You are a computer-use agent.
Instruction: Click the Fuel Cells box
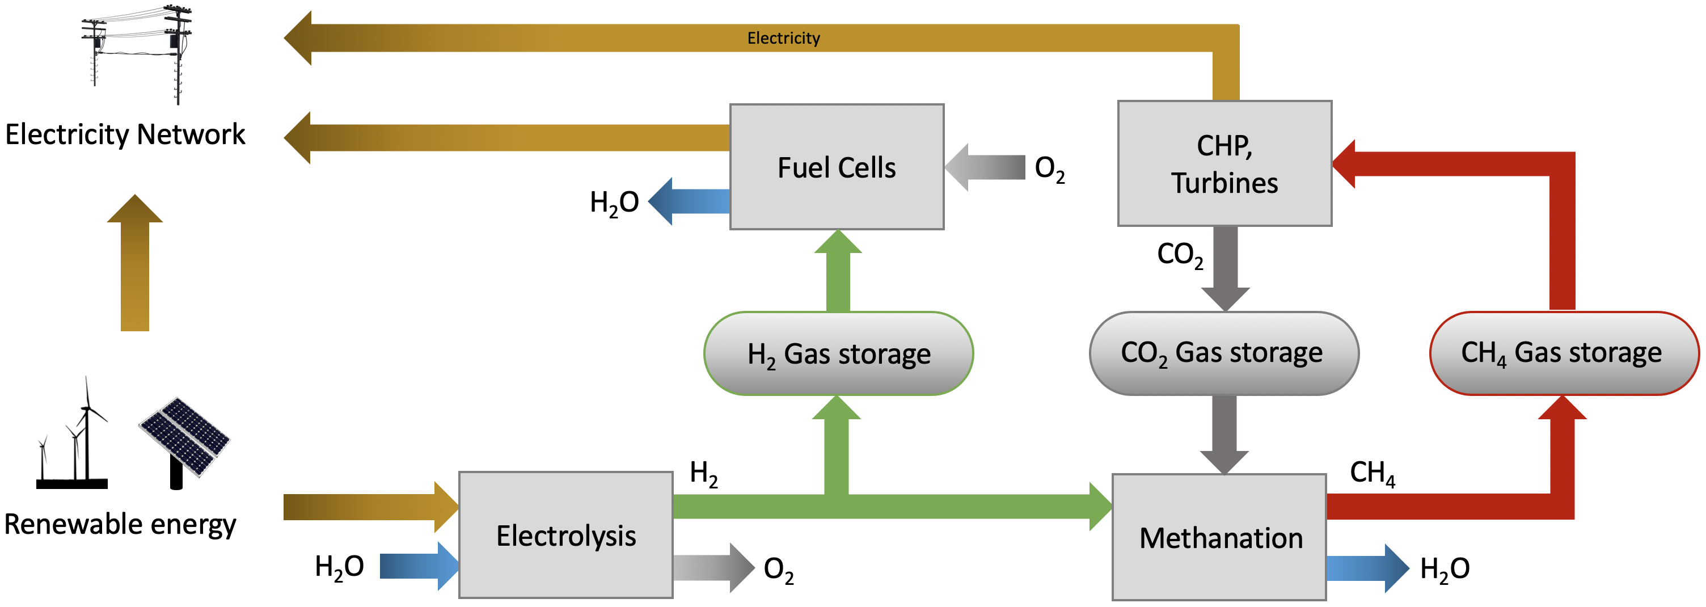pyautogui.click(x=837, y=167)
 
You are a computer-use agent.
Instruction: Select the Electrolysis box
pyautogui.click(x=565, y=536)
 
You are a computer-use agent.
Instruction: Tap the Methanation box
pyautogui.click(x=1219, y=537)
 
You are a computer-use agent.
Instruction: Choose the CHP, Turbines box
pyautogui.click(x=1224, y=164)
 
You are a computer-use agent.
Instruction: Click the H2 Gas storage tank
pyautogui.click(x=838, y=354)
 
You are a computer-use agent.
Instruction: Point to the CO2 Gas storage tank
pyautogui.click(x=1223, y=353)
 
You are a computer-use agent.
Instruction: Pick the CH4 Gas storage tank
pyautogui.click(x=1563, y=353)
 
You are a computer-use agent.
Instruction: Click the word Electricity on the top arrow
pyautogui.click(x=783, y=39)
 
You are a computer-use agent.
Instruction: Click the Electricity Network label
pyautogui.click(x=125, y=134)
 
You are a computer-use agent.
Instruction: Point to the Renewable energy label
pyautogui.click(x=120, y=524)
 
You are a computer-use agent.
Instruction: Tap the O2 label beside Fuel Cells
pyautogui.click(x=1050, y=169)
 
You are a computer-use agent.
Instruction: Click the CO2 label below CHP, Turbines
pyautogui.click(x=1180, y=255)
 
